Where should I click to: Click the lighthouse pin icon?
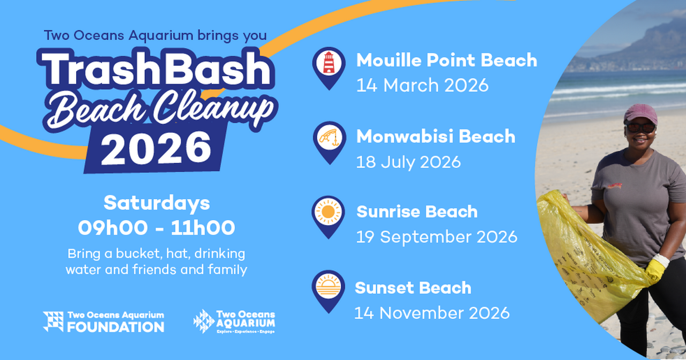coord(329,64)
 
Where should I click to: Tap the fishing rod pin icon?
coord(329,139)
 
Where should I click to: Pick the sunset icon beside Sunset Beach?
coord(329,287)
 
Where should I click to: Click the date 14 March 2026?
coord(422,85)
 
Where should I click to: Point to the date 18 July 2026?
coord(408,162)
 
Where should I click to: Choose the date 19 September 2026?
coord(436,237)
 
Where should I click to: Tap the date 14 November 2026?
coord(432,312)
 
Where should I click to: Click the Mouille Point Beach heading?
coord(446,61)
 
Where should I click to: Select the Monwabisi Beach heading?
coord(436,137)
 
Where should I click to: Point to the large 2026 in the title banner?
coord(156,147)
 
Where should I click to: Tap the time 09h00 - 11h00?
coord(156,228)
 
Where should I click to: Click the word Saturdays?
coord(156,204)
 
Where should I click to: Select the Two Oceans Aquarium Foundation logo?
coord(103,321)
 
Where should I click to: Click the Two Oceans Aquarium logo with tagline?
coord(234,321)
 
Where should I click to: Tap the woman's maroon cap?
coord(640,113)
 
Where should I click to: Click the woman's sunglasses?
coord(640,127)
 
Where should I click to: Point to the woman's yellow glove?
coord(656,268)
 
